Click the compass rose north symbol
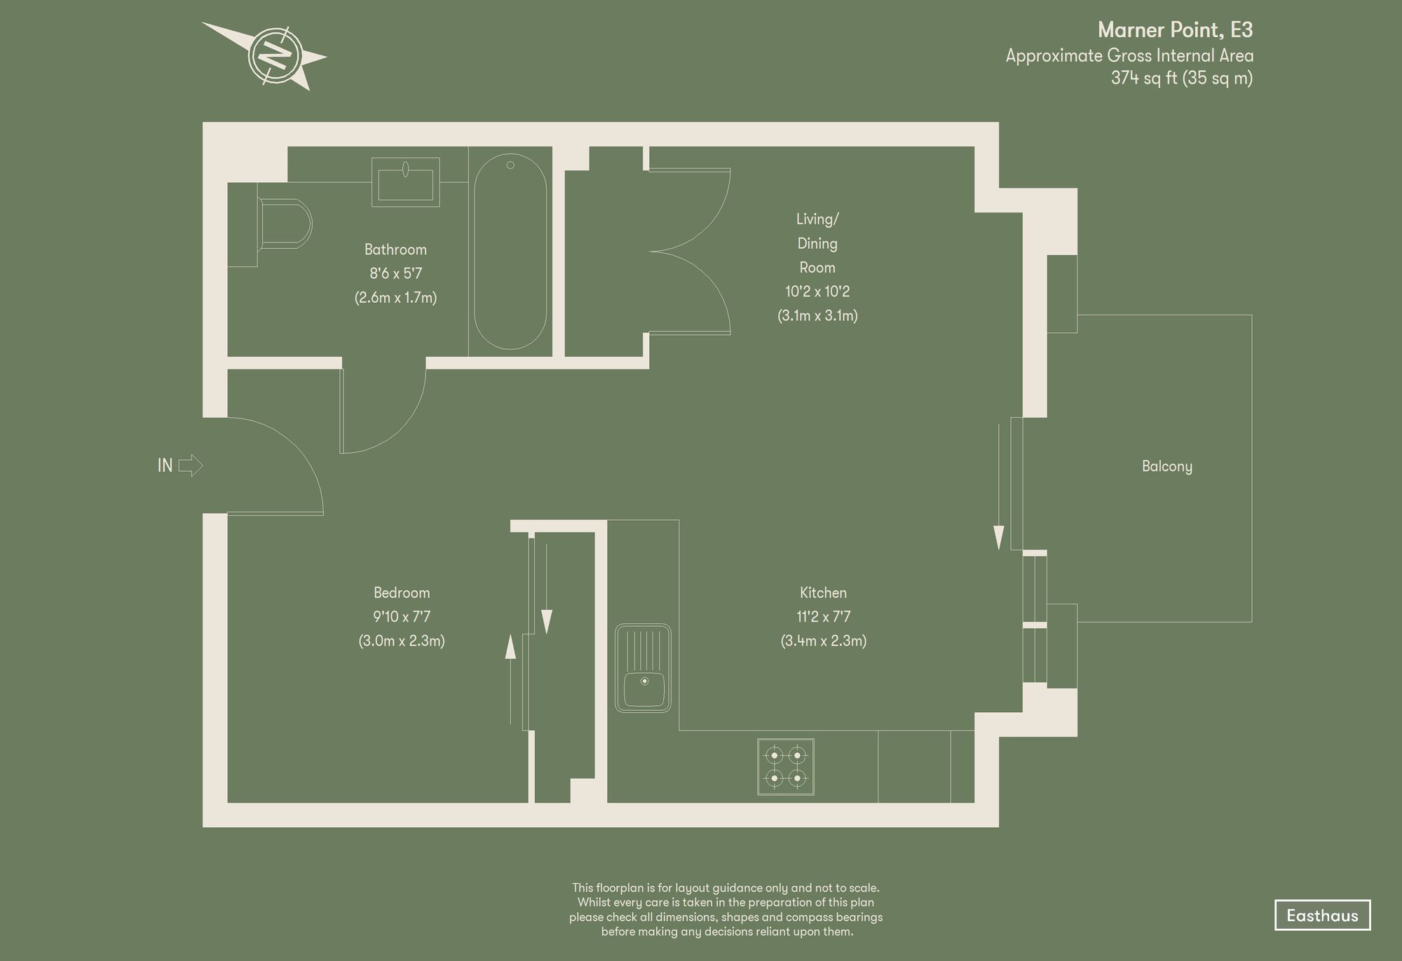click(275, 55)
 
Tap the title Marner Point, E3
click(1175, 30)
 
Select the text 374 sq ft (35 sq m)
click(1181, 79)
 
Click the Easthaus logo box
click(1321, 915)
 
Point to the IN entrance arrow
click(189, 465)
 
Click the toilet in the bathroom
click(284, 224)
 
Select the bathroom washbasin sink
click(405, 182)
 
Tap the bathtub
click(510, 252)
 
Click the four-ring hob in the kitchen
click(785, 767)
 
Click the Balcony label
click(1166, 467)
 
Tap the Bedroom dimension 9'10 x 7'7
click(402, 617)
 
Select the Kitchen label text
click(823, 593)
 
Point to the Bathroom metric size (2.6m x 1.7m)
click(395, 297)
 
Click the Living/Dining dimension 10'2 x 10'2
click(817, 292)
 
